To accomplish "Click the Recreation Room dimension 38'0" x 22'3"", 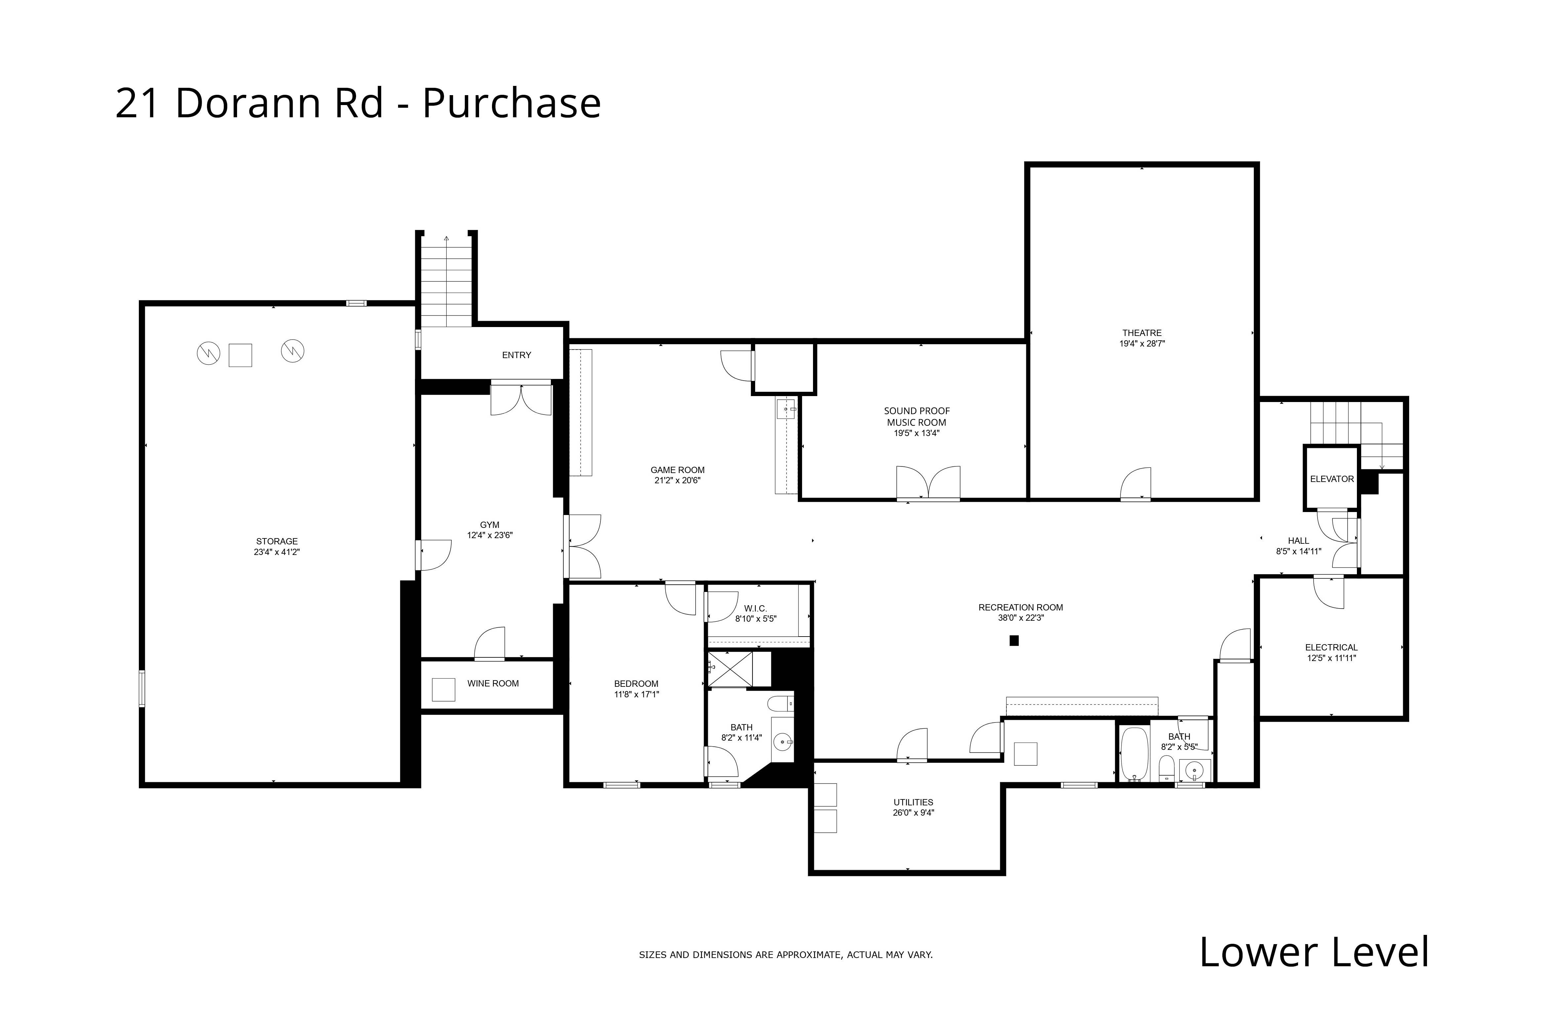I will point(1020,618).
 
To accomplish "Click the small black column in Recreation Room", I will point(1014,641).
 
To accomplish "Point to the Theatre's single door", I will point(1136,485).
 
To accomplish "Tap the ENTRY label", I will point(516,355).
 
